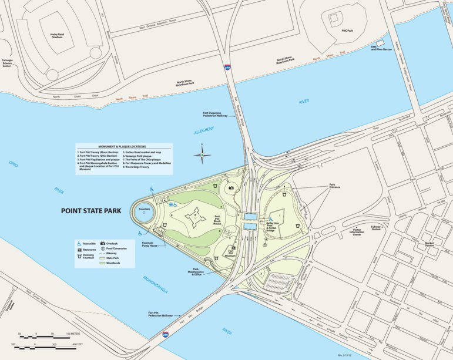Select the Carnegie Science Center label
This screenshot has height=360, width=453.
7,63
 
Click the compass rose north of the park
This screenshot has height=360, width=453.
203,156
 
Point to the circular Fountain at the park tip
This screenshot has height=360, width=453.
145,209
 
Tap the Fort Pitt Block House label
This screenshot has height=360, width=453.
217,221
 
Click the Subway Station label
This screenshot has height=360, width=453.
375,228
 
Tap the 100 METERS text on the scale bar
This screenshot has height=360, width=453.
72,334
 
